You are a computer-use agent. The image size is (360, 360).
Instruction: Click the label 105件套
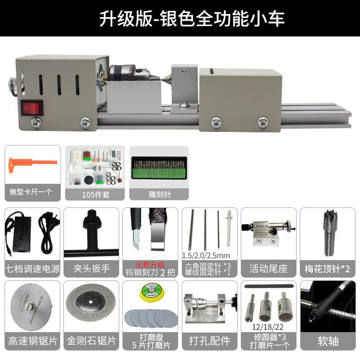(93, 194)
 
